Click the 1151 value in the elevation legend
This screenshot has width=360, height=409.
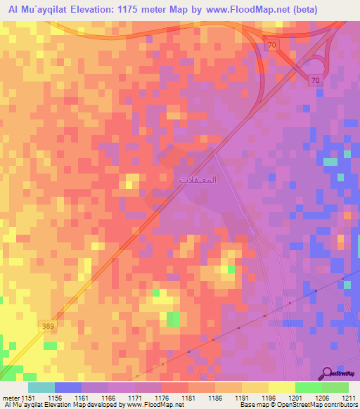[x=27, y=398]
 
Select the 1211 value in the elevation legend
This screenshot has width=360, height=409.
[x=348, y=398]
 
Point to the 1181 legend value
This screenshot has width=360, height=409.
[x=187, y=398]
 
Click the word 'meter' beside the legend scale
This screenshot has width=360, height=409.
[x=9, y=398]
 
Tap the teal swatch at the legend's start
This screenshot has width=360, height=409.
[x=41, y=387]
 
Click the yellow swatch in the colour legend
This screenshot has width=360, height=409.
[x=281, y=387]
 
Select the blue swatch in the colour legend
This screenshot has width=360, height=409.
[x=67, y=387]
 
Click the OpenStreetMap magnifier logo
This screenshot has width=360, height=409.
[x=327, y=373]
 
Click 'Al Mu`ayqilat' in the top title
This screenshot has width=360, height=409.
[x=32, y=10]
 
